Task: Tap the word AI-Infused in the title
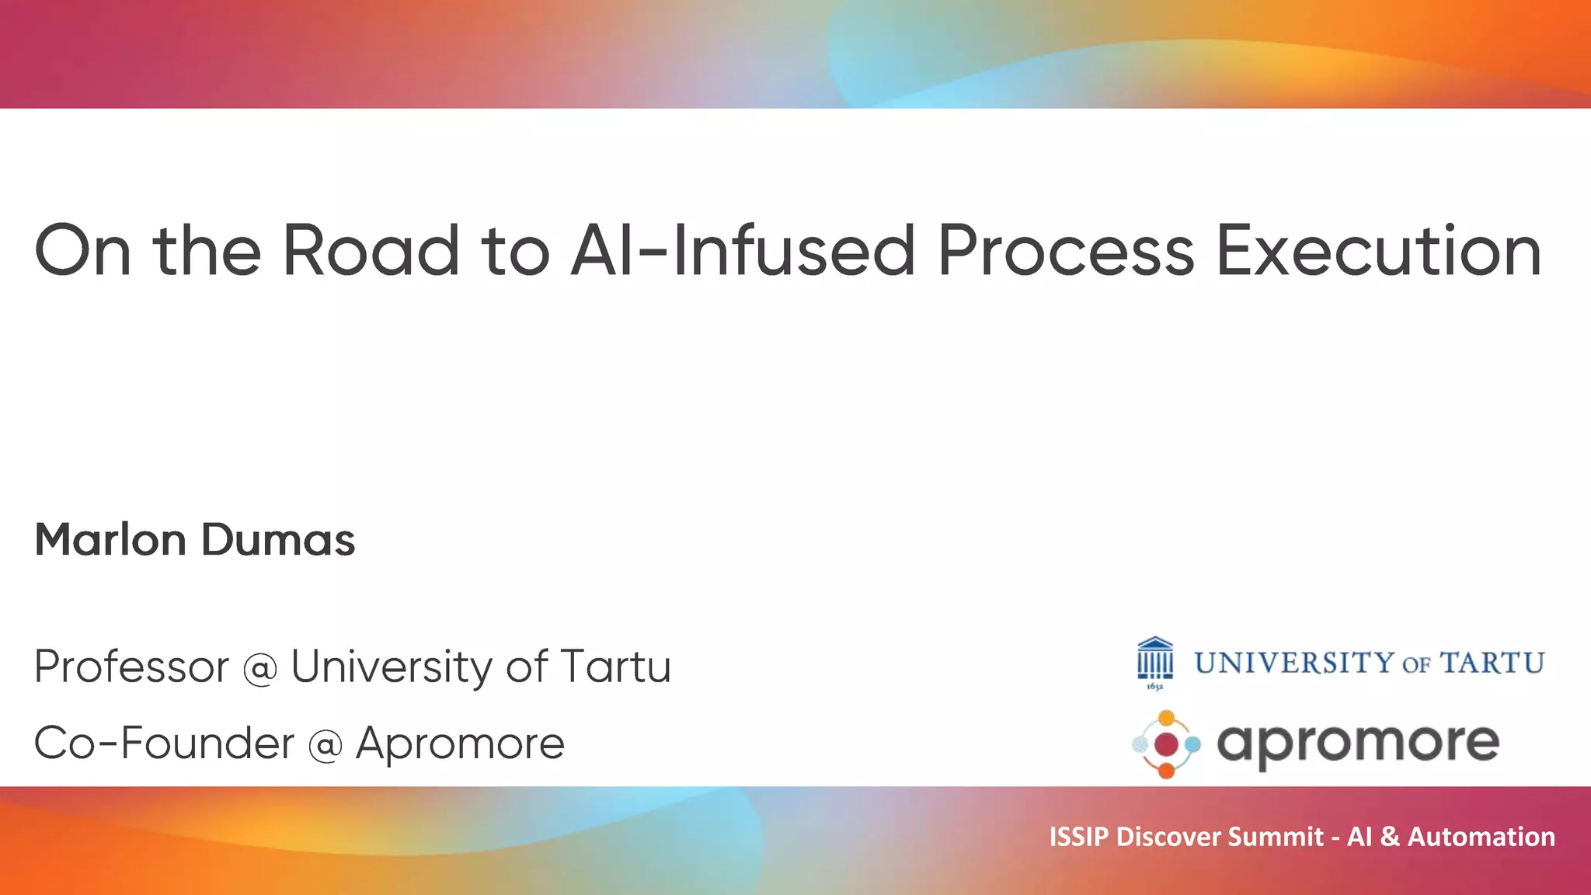pos(743,250)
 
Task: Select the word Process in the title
pos(1065,250)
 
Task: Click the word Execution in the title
pos(1378,250)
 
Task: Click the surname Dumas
pos(278,540)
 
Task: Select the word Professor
pos(132,667)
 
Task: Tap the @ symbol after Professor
pos(260,668)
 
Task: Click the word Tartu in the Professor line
pos(615,667)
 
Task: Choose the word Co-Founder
pos(164,743)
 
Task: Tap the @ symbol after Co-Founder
pos(326,745)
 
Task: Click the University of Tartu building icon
pos(1155,661)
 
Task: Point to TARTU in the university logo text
pos(1492,663)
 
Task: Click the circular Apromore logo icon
pos(1166,744)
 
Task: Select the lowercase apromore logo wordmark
pos(1357,744)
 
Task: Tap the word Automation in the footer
pos(1481,837)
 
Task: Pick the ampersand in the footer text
pos(1390,837)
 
